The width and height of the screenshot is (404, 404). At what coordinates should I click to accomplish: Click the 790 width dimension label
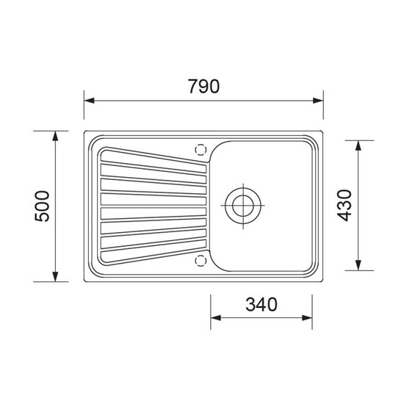click(x=203, y=86)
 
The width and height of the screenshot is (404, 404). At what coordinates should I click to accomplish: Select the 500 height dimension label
click(x=42, y=206)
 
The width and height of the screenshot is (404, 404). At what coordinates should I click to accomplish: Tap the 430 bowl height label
click(x=345, y=206)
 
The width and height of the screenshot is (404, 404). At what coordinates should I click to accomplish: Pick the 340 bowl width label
click(x=261, y=304)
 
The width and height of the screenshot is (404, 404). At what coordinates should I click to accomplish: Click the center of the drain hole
click(x=243, y=206)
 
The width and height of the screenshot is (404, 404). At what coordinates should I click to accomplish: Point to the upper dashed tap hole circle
click(x=201, y=150)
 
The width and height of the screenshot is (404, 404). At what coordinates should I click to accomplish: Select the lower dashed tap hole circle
click(x=201, y=261)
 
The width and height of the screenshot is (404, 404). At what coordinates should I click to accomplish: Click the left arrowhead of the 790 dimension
click(x=89, y=101)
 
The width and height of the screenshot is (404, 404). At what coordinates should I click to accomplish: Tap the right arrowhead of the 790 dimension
click(x=318, y=101)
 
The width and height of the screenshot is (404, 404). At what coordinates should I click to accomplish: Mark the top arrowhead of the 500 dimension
click(x=55, y=136)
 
